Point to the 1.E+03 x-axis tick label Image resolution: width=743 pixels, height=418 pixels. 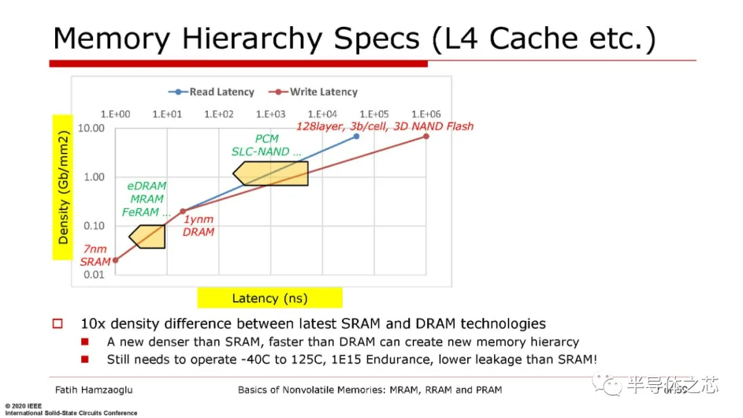click(270, 114)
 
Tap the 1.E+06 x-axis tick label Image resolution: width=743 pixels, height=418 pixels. click(426, 114)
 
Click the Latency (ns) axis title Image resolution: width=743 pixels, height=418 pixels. click(270, 298)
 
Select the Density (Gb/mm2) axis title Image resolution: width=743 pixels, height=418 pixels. click(63, 187)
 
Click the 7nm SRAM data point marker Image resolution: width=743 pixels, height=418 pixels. click(116, 260)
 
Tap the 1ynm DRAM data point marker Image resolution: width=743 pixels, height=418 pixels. click(183, 211)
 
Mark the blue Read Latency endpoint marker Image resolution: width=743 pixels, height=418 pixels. click(356, 136)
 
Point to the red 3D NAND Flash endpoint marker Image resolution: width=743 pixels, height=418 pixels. click(426, 136)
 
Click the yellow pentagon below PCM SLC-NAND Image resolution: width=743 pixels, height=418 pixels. click(271, 173)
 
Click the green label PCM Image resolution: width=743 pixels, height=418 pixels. click(266, 139)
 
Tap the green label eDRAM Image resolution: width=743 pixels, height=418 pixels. click(147, 187)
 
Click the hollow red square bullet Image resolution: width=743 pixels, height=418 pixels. click(58, 324)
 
